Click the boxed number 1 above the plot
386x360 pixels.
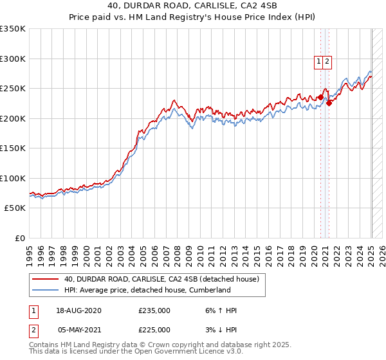tap(318, 62)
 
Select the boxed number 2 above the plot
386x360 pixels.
tap(327, 62)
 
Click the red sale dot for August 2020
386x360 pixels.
tap(320, 98)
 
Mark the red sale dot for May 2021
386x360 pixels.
tap(329, 103)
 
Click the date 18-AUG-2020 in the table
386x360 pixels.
tap(78, 311)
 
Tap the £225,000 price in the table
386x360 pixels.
tap(154, 330)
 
